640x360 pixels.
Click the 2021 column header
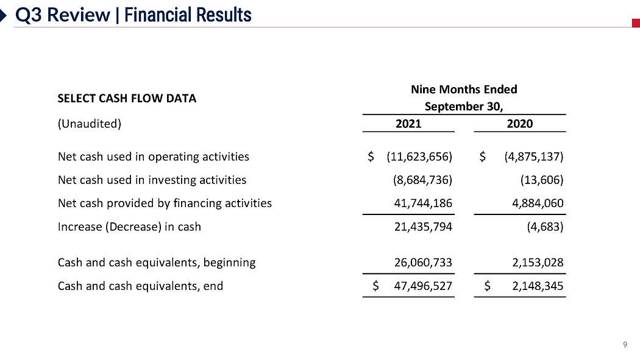pos(408,124)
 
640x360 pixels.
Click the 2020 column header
pos(520,124)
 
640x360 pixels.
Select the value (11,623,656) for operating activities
pos(419,157)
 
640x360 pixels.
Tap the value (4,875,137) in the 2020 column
pos(534,157)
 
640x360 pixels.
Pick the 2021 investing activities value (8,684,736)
pos(422,180)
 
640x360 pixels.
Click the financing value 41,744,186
pos(424,203)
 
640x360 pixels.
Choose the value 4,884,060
pos(535,203)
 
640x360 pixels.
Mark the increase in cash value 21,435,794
pos(424,227)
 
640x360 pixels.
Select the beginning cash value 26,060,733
pos(424,263)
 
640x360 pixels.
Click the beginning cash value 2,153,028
pos(535,263)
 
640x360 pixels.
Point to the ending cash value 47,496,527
pos(424,285)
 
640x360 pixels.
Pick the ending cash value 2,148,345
pos(535,285)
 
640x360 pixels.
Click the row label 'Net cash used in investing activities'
pos(152,180)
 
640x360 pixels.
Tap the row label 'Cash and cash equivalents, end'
pos(140,285)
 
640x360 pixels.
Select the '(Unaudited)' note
pos(90,124)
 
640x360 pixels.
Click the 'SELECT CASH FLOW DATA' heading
pos(127,98)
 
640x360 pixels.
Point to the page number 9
pos(625,345)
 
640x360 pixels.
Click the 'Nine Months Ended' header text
pos(464,90)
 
